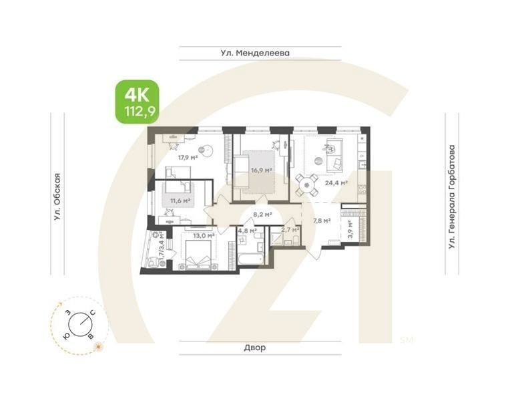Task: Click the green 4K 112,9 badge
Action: pos(137,102)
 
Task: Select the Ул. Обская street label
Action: pos(57,196)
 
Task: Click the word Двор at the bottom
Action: pos(254,348)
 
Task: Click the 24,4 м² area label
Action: pos(336,182)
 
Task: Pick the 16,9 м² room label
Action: pos(261,170)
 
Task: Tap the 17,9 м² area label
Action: pos(188,158)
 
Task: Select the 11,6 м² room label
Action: pos(180,199)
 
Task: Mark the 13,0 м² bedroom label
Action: pos(203,235)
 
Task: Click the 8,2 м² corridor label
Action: pos(262,215)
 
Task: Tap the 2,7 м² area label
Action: pos(290,229)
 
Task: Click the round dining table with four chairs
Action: pos(306,182)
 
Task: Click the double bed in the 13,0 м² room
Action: pos(199,254)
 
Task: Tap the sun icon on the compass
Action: pos(99,346)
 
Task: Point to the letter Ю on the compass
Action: pos(66,335)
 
